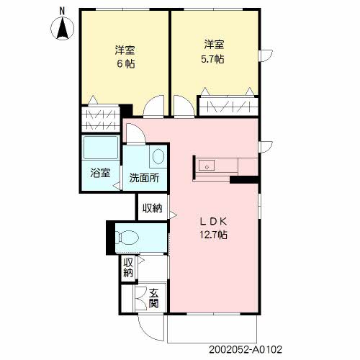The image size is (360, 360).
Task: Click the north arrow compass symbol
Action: (x=63, y=29)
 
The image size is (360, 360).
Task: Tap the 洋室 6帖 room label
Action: (x=125, y=57)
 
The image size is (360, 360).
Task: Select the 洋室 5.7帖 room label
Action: (x=213, y=52)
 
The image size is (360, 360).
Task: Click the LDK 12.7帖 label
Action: (x=213, y=228)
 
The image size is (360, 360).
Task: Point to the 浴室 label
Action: (x=100, y=173)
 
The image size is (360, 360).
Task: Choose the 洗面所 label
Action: (x=144, y=178)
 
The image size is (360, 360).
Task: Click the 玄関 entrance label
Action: (x=154, y=298)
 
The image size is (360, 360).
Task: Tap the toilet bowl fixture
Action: (x=127, y=238)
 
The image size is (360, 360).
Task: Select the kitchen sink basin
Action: (x=207, y=166)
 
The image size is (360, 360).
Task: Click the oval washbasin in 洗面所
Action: (x=158, y=156)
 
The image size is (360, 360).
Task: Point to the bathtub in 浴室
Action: (x=101, y=148)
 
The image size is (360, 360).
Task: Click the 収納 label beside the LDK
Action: (x=153, y=208)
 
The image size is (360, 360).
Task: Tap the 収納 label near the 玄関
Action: (x=128, y=268)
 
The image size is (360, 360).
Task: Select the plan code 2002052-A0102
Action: (x=246, y=350)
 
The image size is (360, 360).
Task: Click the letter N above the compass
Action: (x=63, y=11)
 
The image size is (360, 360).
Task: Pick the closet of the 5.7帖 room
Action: (x=228, y=107)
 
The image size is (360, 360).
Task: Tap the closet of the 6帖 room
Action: (x=101, y=119)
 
